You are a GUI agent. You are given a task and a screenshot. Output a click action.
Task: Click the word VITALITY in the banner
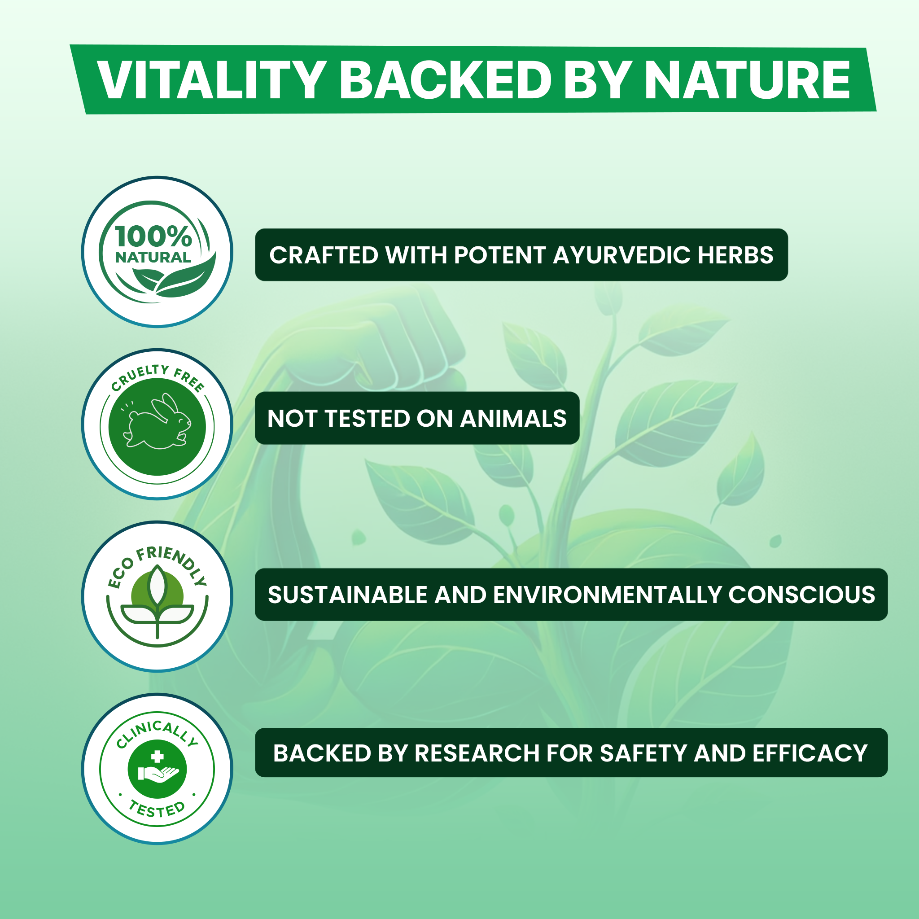point(211,80)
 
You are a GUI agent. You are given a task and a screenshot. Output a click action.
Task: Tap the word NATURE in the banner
point(747,80)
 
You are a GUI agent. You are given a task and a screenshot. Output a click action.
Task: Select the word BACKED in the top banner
point(445,80)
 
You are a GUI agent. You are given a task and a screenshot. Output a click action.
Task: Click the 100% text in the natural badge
point(153,236)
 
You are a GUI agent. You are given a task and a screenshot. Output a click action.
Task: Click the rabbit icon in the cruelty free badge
point(157,421)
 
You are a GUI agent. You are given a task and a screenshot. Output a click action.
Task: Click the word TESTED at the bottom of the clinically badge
point(157,809)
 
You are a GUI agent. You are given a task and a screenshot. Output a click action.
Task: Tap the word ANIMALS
point(513,419)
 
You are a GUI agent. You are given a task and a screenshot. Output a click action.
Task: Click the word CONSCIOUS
point(801,595)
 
